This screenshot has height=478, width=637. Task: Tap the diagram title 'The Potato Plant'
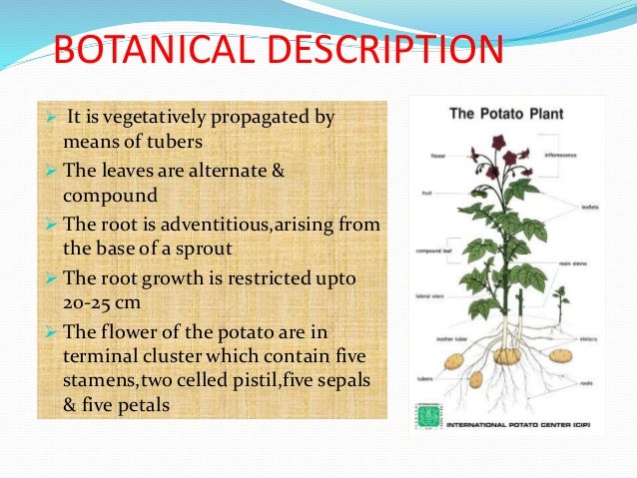click(506, 114)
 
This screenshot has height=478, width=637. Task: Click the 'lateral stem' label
click(430, 296)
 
